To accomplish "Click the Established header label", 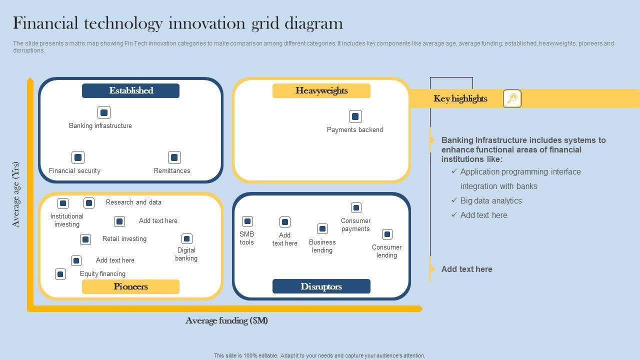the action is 131,90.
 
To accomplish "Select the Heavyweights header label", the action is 321,90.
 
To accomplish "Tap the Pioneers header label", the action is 130,286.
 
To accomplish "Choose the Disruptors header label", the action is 321,286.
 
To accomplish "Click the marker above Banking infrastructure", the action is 104,112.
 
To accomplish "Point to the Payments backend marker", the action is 355,116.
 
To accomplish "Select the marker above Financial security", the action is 78,157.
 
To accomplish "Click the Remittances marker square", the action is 174,157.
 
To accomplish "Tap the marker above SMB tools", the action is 247,221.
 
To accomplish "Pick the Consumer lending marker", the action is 387,234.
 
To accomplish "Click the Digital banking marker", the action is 186,238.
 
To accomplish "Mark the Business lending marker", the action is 322,228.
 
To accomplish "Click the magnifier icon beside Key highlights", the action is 512,98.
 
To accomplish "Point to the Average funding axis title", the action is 226,320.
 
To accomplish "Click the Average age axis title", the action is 16,194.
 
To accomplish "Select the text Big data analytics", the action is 491,200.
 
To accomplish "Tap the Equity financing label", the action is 102,273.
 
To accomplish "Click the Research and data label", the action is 133,202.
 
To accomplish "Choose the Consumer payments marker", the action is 356,207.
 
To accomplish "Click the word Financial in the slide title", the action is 45,23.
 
